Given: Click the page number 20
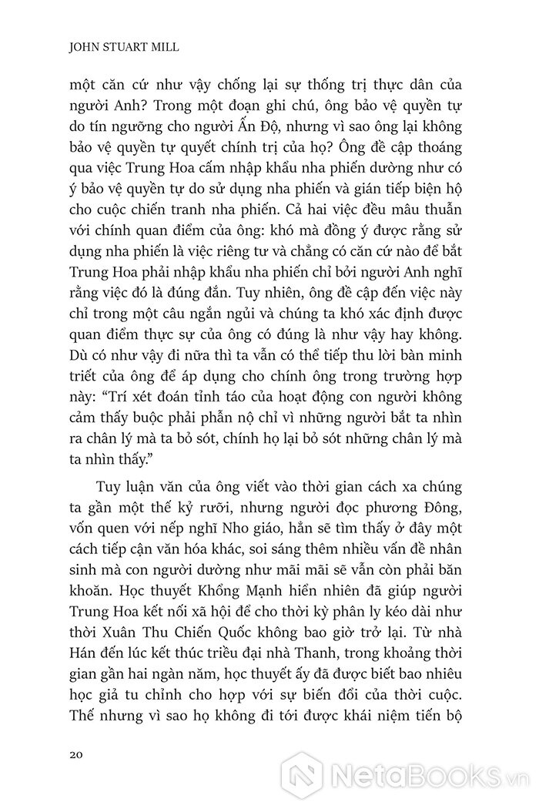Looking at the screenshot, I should point(75,754).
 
